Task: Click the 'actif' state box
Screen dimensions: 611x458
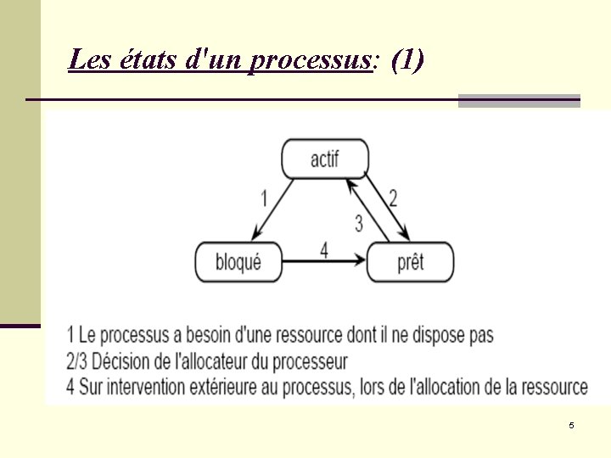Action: pos(325,159)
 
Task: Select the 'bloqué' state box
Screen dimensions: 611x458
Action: pos(238,262)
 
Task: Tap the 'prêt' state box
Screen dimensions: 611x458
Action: pos(410,262)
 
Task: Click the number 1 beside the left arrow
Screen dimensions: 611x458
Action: pos(264,198)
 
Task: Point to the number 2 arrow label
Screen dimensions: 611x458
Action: pos(392,198)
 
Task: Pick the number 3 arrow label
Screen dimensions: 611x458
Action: pos(359,223)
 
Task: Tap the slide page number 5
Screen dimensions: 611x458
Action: pos(571,425)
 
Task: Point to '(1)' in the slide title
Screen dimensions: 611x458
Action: pos(408,60)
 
